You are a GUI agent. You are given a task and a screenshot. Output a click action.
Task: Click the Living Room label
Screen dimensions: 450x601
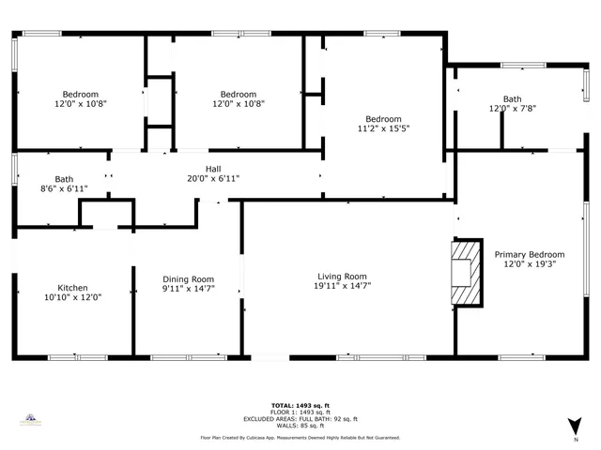coord(341,277)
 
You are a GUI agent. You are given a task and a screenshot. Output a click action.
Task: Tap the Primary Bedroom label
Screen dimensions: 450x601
coord(530,254)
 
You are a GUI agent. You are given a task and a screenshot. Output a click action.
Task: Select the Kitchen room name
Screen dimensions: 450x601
coord(73,288)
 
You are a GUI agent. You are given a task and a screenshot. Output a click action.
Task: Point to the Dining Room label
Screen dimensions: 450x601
coord(189,279)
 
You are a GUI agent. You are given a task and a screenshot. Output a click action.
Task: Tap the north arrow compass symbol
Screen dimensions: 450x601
coord(575,427)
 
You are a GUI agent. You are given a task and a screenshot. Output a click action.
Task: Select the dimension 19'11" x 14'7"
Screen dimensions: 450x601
coord(341,287)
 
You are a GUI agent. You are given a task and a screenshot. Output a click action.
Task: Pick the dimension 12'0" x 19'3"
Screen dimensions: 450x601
coord(530,264)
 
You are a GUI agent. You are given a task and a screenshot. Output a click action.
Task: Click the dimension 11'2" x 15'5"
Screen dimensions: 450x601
coord(383,128)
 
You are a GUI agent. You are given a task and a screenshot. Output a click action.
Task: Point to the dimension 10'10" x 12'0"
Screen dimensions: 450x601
coord(73,297)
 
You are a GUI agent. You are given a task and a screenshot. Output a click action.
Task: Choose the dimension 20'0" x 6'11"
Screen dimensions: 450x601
coord(213,178)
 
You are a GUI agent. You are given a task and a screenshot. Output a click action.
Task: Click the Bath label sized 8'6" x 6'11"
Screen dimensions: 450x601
coord(64,179)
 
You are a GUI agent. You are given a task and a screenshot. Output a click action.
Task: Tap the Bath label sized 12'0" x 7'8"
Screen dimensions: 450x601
coord(512,98)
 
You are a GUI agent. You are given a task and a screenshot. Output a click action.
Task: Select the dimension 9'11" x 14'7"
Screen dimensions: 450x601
coord(189,289)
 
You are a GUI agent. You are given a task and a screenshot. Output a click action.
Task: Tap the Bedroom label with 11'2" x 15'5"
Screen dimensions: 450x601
coord(383,119)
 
